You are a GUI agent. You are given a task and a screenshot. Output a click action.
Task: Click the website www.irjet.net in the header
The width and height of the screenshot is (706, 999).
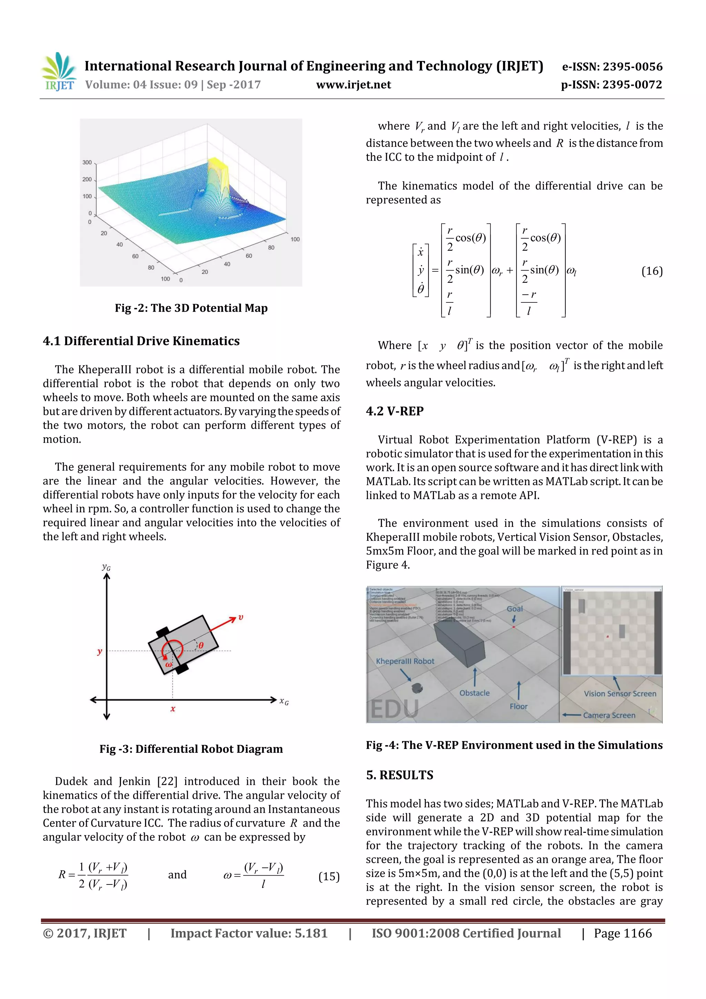353,84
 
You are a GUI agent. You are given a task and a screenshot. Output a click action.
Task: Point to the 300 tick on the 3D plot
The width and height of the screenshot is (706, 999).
87,162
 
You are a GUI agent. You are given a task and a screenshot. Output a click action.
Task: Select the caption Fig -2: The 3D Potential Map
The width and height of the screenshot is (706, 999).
191,308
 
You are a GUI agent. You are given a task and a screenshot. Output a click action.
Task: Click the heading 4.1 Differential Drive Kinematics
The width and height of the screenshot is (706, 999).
141,341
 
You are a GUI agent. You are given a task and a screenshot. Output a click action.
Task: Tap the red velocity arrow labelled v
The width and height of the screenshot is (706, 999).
224,623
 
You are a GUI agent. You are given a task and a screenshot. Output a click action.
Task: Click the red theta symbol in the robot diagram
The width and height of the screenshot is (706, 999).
201,645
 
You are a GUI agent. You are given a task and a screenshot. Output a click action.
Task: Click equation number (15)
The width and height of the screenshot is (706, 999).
329,876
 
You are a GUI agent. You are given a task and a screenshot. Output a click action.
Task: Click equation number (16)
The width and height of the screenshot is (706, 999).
652,271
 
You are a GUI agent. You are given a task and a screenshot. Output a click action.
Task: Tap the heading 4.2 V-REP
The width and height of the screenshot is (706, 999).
395,411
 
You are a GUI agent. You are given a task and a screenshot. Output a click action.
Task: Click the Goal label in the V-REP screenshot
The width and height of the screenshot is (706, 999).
515,609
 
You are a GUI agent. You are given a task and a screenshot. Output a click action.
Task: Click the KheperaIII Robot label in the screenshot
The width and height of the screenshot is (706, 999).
405,661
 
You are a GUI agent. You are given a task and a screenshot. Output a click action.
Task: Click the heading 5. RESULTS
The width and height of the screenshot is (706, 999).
399,775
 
